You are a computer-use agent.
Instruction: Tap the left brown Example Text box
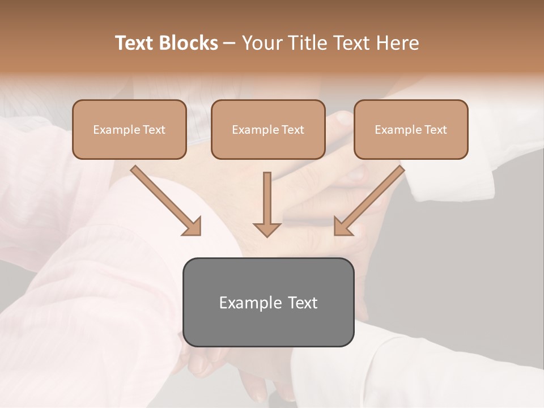tap(129, 130)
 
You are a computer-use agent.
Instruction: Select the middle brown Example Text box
tap(268, 130)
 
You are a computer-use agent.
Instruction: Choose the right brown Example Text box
tap(411, 130)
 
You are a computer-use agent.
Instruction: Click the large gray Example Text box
tap(268, 302)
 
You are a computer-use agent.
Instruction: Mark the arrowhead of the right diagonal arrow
tap(342, 227)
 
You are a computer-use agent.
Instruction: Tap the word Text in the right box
tap(435, 130)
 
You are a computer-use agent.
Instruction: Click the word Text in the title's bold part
tap(135, 43)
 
